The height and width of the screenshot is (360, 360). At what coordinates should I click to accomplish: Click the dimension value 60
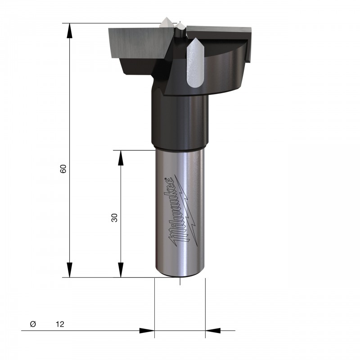coord(63,169)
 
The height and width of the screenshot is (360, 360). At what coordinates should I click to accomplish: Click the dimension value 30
coord(114,218)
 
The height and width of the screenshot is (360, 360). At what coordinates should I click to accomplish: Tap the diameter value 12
coord(60,324)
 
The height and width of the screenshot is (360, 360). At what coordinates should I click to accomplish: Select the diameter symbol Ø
coord(33,324)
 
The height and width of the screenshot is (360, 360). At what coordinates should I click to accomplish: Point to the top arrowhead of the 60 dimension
coord(69,30)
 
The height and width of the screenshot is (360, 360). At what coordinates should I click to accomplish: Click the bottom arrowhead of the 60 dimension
coord(69,270)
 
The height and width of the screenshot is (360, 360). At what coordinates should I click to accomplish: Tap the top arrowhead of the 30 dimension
coord(121,158)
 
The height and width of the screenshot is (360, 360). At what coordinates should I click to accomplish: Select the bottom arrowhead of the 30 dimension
coord(121,270)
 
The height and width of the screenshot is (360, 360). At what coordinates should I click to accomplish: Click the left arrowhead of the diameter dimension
coord(147,331)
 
